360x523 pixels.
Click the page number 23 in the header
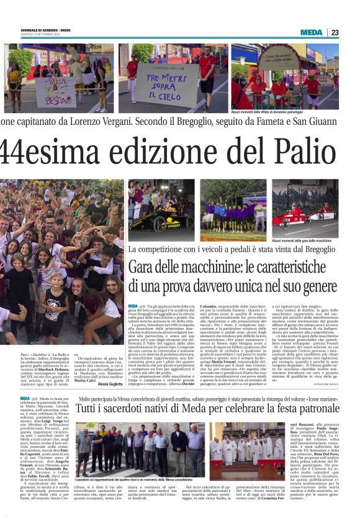pyautogui.click(x=351, y=32)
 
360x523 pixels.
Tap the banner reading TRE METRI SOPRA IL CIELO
pyautogui.click(x=160, y=81)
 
